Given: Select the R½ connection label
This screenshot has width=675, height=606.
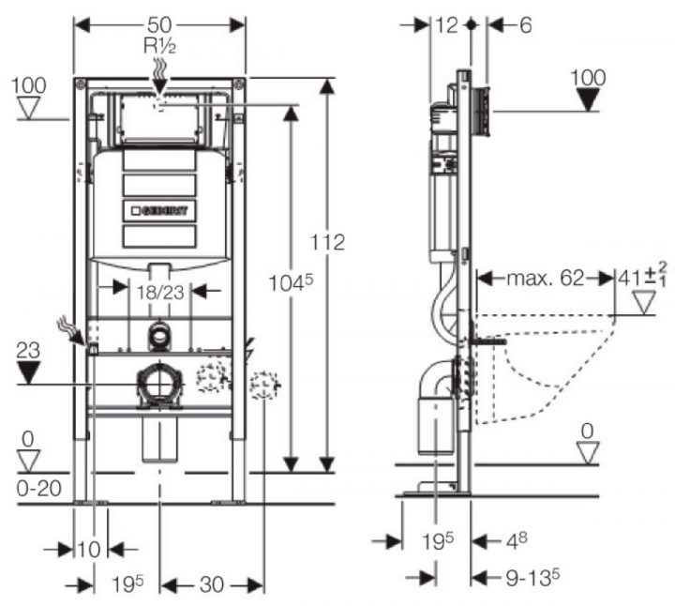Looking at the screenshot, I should pyautogui.click(x=159, y=43).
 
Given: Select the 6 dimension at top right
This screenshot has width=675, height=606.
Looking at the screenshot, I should pyautogui.click(x=525, y=25).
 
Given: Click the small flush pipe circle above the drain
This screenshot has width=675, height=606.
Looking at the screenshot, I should pyautogui.click(x=159, y=336).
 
